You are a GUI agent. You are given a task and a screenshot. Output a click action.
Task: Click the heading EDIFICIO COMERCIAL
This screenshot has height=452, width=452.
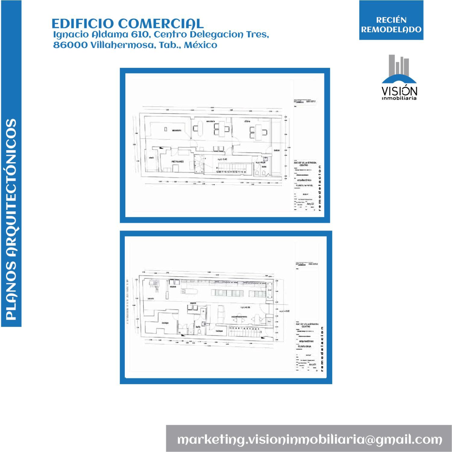click(127, 24)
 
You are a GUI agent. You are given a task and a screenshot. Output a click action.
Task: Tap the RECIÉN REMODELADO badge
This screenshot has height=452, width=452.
click(391, 25)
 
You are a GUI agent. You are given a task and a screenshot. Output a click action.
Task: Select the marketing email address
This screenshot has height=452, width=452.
click(309, 439)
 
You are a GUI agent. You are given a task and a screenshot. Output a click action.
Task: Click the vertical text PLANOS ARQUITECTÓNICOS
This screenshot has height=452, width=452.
click(11, 219)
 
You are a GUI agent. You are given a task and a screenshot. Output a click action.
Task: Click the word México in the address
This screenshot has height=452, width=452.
click(200, 45)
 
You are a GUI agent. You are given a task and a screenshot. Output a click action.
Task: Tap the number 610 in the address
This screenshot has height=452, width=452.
click(140, 35)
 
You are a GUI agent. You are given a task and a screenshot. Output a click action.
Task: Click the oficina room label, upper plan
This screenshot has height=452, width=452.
click(248, 121)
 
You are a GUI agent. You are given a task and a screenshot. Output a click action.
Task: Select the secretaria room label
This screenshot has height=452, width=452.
click(210, 121)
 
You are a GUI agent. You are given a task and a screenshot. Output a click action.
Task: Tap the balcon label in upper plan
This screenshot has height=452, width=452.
click(277, 150)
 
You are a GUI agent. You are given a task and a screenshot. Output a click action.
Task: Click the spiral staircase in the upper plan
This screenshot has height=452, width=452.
click(199, 164)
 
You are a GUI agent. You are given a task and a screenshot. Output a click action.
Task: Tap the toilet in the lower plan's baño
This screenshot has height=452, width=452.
click(199, 331)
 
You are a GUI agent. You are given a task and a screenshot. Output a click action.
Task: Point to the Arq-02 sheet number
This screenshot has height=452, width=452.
click(310, 204)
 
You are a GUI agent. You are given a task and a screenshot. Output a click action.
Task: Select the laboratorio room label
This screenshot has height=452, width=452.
click(177, 130)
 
